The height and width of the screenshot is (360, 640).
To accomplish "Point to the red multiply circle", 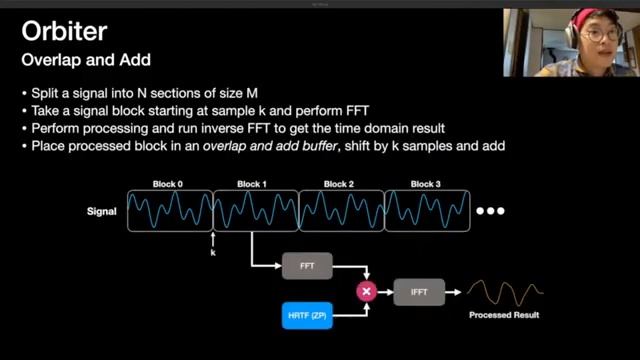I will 366,291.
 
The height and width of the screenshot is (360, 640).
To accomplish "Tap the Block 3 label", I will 428,185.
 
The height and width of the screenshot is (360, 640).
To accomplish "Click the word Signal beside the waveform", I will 102,212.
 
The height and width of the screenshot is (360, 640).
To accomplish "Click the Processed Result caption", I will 504,316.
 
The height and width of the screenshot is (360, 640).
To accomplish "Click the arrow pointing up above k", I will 213,238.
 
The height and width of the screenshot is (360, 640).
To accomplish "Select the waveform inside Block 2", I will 342,211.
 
